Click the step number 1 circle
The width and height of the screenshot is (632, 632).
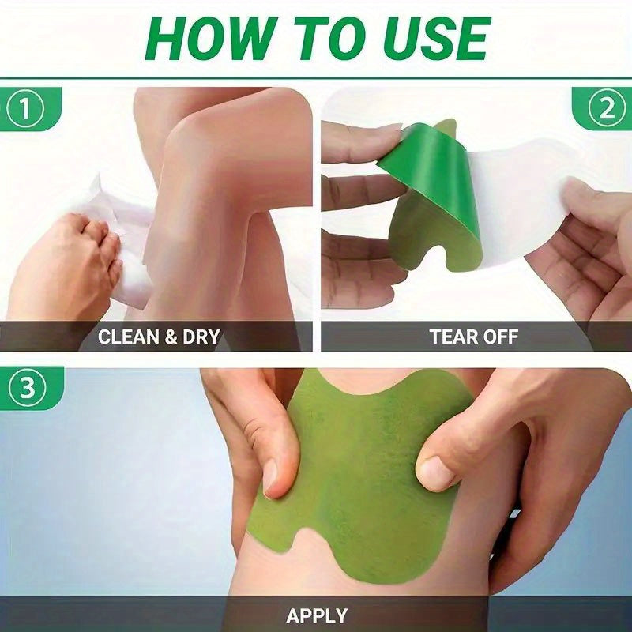(x=28, y=110)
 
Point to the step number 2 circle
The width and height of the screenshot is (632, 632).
(x=606, y=110)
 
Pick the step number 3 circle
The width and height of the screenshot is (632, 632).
(x=28, y=389)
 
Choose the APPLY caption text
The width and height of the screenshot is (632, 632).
(x=317, y=614)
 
